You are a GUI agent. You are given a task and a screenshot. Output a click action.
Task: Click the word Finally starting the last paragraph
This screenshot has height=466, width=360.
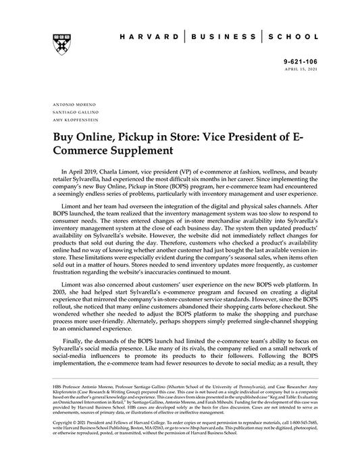[x=76, y=344]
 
